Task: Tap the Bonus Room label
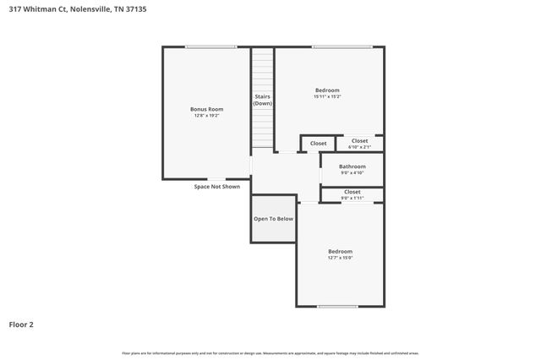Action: coord(206,109)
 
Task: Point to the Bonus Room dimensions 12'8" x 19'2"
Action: coord(206,116)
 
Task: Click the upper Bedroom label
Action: coord(327,90)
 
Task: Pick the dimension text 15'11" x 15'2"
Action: coord(327,97)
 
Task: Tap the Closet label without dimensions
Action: coord(318,144)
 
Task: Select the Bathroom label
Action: coord(352,166)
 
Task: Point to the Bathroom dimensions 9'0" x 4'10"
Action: coord(352,173)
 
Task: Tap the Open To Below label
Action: coord(273,219)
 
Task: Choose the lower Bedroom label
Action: coord(341,251)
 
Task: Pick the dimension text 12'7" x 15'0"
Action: coord(341,258)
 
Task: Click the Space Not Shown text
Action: coord(217,187)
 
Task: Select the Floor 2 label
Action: coord(21,324)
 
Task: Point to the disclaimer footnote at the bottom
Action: coord(270,352)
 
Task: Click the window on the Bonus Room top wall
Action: coord(210,46)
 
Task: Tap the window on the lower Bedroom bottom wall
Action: coord(338,306)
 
